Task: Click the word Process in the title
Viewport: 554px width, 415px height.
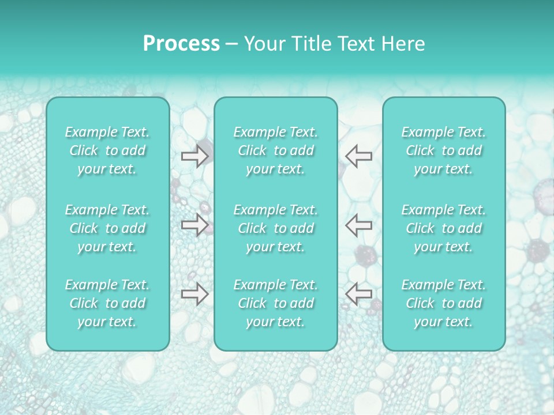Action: pos(181,44)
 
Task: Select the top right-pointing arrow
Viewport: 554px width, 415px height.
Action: pos(194,156)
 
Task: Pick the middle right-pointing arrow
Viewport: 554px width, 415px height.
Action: pos(194,224)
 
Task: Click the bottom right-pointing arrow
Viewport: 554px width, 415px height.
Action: pos(194,294)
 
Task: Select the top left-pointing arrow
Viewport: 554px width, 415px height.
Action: pos(359,156)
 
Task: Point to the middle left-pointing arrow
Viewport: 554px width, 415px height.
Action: pos(359,224)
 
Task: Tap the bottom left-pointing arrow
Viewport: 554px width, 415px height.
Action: pos(359,294)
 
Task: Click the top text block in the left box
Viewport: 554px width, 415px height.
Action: pos(107,150)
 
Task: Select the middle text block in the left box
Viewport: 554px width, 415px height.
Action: pos(107,228)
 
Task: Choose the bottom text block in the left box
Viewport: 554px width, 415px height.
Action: pos(107,303)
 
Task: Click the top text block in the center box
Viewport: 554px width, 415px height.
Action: pos(275,150)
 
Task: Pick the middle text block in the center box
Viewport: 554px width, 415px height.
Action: pos(275,228)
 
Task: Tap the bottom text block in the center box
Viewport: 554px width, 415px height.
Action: pos(275,303)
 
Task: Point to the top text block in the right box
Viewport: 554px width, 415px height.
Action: pos(444,150)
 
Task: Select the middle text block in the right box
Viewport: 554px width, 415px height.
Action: pos(444,228)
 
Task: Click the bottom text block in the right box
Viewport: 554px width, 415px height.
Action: pos(444,303)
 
